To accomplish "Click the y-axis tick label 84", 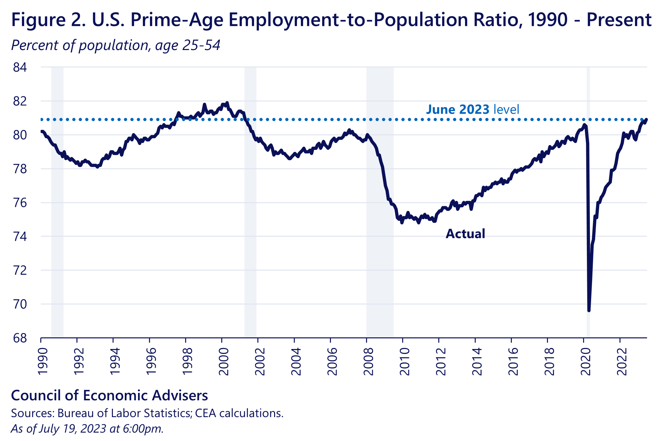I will tap(20, 67).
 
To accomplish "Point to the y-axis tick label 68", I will tap(20, 338).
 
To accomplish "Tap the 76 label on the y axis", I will tap(20, 203).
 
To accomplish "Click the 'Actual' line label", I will tap(465, 234).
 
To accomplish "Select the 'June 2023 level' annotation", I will tap(472, 109).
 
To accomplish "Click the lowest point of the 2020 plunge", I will tap(589, 310).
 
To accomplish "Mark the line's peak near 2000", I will tap(227, 103).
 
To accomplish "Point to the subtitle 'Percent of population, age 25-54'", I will tap(116, 45).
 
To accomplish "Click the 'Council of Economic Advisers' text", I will tap(110, 395).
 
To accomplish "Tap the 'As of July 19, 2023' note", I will tap(87, 428).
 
